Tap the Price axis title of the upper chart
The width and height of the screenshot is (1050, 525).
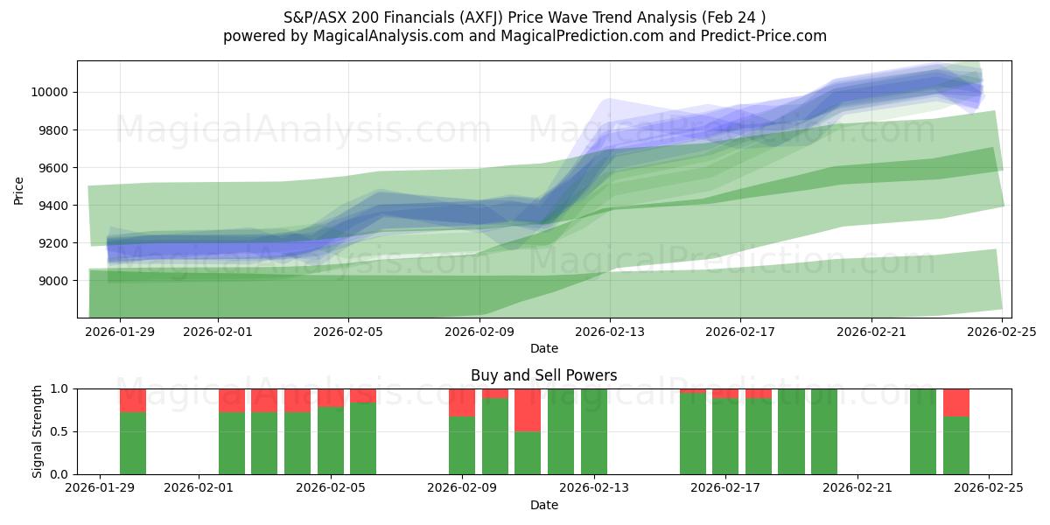19,189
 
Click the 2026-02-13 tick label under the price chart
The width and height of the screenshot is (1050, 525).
610,332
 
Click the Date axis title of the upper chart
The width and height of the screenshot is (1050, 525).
543,348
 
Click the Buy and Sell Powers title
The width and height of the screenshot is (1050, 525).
543,375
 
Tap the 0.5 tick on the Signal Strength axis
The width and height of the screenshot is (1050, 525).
59,432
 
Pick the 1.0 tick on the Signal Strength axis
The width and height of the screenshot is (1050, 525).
59,389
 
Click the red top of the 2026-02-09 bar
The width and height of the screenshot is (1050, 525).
462,402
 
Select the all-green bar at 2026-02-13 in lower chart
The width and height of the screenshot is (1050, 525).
594,431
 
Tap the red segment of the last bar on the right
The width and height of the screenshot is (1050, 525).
956,402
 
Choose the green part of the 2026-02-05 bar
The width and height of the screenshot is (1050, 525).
331,441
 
